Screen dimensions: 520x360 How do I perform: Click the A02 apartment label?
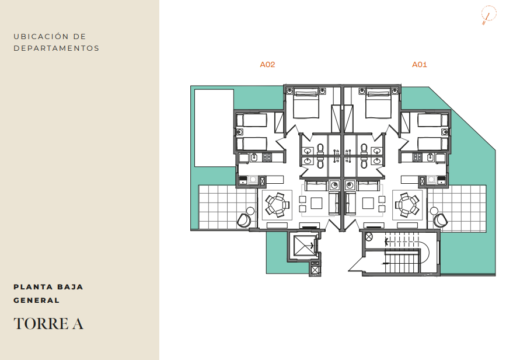pyautogui.click(x=267, y=65)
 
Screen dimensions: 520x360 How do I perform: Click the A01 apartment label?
pyautogui.click(x=420, y=65)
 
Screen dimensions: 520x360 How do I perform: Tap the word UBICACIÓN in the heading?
pyautogui.click(x=41, y=36)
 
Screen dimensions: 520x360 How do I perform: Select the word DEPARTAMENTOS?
pyautogui.click(x=57, y=48)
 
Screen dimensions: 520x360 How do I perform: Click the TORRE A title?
pyautogui.click(x=48, y=324)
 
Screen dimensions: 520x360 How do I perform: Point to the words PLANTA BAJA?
pyautogui.click(x=48, y=286)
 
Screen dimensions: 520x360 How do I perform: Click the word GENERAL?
pyautogui.click(x=37, y=300)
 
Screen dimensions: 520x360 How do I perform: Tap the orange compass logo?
pyautogui.click(x=489, y=15)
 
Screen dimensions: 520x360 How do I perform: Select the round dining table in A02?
pyautogui.click(x=277, y=205)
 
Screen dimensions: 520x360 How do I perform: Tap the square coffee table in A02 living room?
pyautogui.click(x=316, y=203)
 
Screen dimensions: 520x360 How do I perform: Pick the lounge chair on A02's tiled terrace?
pyautogui.click(x=244, y=221)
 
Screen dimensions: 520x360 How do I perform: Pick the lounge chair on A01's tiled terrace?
pyautogui.click(x=441, y=221)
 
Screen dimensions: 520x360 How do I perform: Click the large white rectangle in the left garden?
pyautogui.click(x=214, y=128)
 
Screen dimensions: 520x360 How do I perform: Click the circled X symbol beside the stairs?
pyautogui.click(x=368, y=237)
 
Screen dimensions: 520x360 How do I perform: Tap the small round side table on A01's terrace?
pyautogui.click(x=434, y=211)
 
